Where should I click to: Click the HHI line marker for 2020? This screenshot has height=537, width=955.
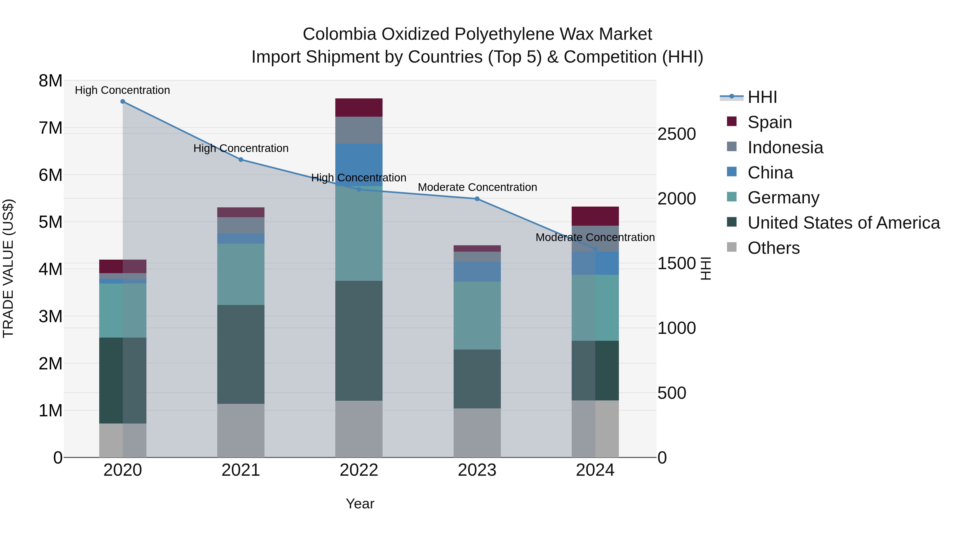[x=123, y=102]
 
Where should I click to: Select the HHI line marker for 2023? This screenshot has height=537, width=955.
[x=477, y=199]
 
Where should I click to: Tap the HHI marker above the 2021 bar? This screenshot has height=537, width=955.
[x=241, y=160]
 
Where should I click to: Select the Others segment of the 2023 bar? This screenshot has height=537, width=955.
[x=477, y=433]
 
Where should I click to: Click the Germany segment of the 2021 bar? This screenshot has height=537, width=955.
[x=241, y=274]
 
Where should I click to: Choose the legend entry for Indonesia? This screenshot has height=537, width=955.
[x=785, y=147]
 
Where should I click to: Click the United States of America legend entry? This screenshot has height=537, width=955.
[x=843, y=223]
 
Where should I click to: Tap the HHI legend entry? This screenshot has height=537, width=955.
[x=762, y=97]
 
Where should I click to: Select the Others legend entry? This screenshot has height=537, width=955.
[x=773, y=248]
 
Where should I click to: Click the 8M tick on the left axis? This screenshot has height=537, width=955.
[x=50, y=81]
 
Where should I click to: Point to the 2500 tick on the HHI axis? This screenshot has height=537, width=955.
[x=676, y=134]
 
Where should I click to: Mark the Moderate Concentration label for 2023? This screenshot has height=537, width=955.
[x=477, y=187]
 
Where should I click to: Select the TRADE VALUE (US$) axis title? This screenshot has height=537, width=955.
[x=8, y=268]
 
